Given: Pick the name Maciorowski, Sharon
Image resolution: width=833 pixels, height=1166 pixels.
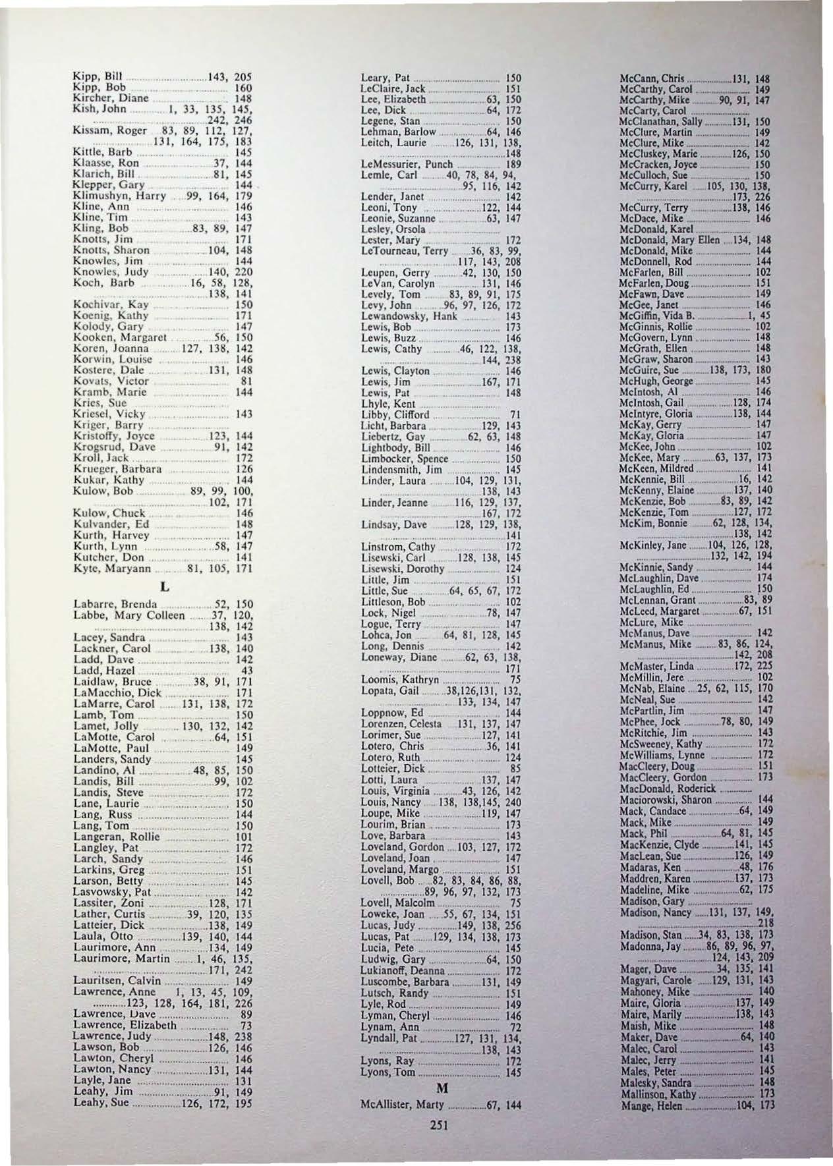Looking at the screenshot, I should [666, 800].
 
